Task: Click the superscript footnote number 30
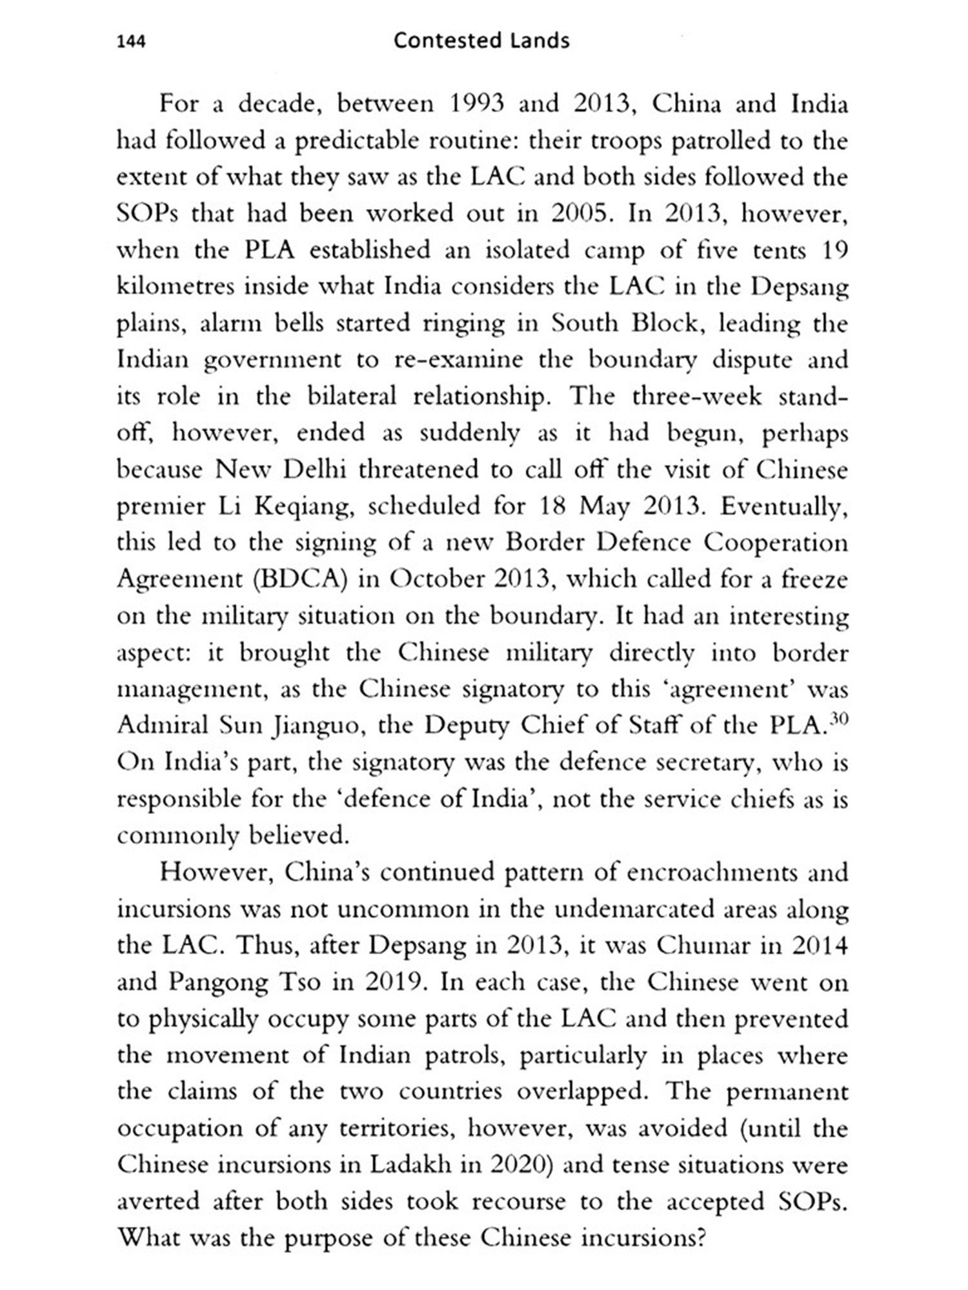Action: [x=839, y=719]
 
